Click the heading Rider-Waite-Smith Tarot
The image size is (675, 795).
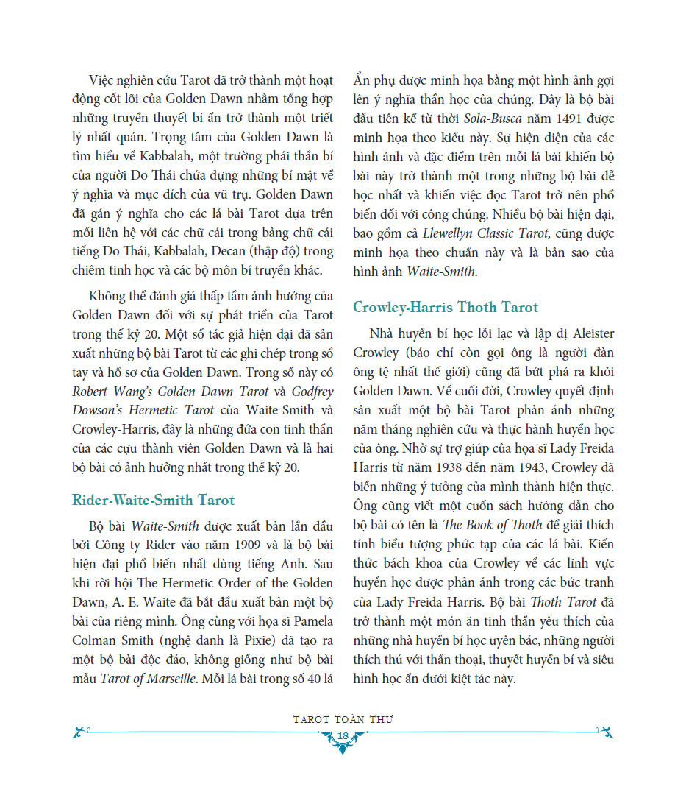click(153, 501)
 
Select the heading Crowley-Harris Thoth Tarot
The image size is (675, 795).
click(446, 307)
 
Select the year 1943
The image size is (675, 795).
click(541, 467)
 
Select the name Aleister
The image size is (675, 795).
click(585, 333)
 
